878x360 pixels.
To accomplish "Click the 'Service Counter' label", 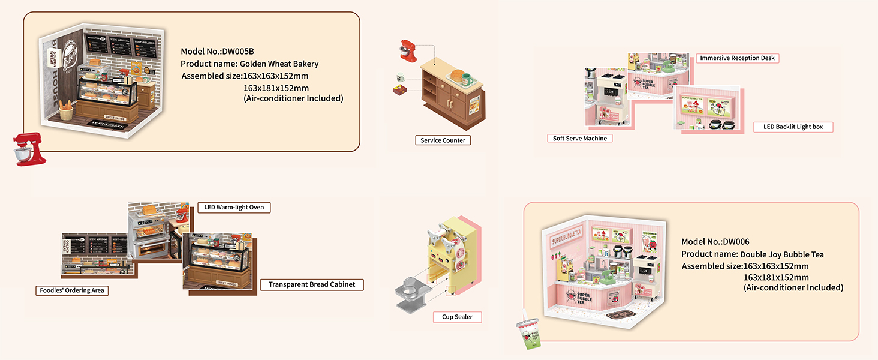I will (x=443, y=140).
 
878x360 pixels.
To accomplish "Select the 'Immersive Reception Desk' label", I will (x=738, y=58).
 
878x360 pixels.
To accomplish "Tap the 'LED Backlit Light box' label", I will (x=793, y=127).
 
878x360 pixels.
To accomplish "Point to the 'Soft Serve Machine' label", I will (x=579, y=139).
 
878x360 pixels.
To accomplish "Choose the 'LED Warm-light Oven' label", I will (x=234, y=208).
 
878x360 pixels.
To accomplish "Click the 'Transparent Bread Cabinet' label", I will (x=311, y=284).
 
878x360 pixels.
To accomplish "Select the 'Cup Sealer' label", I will (x=457, y=317).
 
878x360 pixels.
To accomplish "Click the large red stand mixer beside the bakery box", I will (x=30, y=149).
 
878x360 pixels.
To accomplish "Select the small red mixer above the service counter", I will (x=407, y=52).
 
